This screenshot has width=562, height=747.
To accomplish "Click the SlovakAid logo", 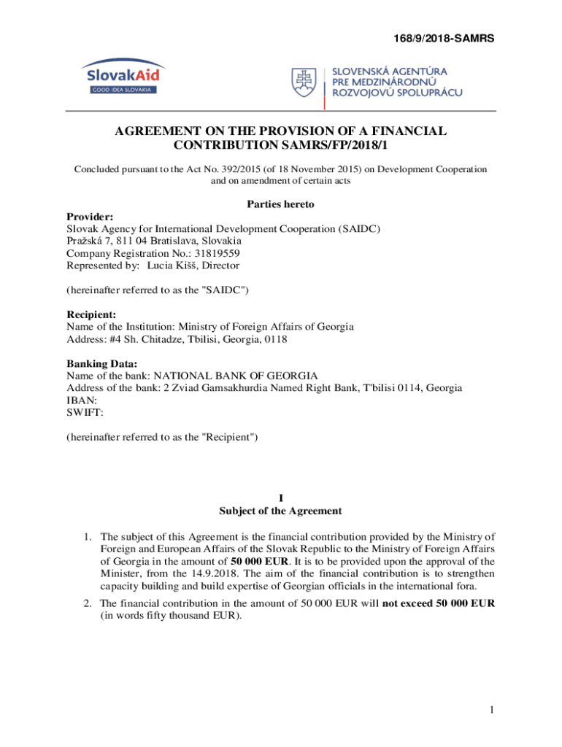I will (123, 78).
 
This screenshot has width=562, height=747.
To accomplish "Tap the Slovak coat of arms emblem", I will (306, 83).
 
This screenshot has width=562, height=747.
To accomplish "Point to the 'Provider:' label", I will (90, 217).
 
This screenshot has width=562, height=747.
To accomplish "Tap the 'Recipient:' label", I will (93, 315).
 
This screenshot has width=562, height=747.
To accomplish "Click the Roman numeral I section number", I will (280, 498).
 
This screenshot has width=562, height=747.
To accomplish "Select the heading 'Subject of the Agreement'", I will (280, 511).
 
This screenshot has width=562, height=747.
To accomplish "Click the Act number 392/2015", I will (214, 169).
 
